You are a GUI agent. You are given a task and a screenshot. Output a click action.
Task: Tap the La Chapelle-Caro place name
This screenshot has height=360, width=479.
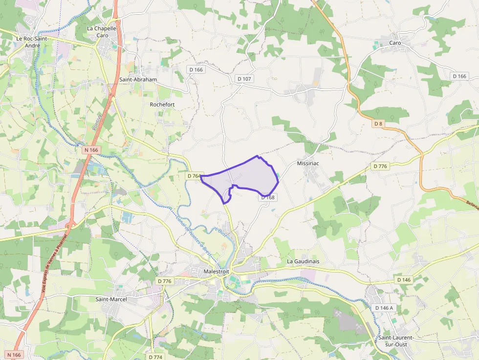(x=102, y=32)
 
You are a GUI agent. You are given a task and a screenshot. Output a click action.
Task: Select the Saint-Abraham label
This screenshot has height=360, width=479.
(x=138, y=79)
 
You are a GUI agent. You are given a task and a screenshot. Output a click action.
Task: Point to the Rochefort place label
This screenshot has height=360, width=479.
(x=162, y=105)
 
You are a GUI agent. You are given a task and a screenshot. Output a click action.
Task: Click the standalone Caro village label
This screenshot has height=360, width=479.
(x=395, y=43)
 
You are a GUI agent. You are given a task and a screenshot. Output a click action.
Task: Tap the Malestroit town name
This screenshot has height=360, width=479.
(x=216, y=271)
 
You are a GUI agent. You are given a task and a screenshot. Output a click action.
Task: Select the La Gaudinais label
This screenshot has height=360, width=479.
(x=303, y=261)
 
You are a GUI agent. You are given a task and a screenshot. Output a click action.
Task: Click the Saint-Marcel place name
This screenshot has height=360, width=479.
(x=111, y=299)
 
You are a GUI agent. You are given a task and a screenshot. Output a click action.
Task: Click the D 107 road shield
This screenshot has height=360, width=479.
(x=244, y=79)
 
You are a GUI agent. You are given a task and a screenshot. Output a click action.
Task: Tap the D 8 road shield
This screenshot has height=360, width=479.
(x=378, y=124)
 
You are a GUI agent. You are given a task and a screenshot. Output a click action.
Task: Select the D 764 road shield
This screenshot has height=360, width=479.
(x=194, y=176)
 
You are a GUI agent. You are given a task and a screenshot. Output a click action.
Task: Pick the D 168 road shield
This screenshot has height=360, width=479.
(x=268, y=197)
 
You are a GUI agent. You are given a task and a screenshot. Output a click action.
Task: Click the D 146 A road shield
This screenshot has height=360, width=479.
(x=384, y=308)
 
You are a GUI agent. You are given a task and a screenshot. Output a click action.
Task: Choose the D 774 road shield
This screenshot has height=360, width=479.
(x=154, y=357)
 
